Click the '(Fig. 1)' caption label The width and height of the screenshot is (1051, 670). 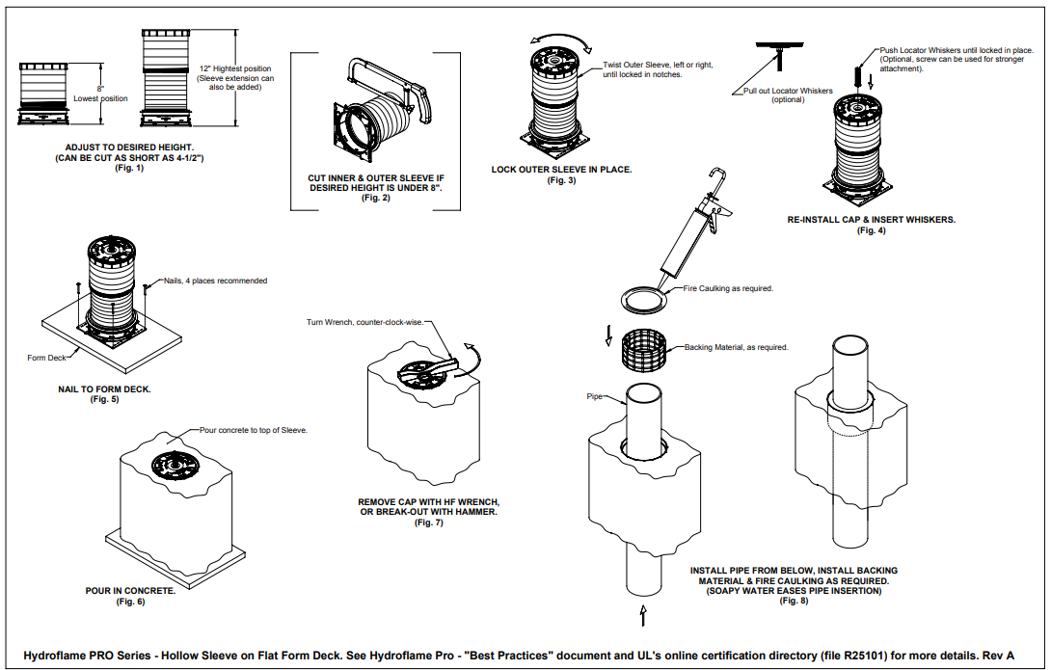(x=128, y=169)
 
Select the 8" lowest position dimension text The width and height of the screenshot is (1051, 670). (x=99, y=93)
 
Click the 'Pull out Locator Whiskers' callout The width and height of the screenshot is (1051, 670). (x=788, y=94)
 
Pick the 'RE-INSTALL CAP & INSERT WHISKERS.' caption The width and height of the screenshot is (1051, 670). (x=871, y=220)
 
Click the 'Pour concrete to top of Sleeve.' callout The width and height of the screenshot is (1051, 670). (x=253, y=430)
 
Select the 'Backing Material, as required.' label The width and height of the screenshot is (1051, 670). (x=736, y=347)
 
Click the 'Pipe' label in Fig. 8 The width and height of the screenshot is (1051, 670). (x=594, y=395)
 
